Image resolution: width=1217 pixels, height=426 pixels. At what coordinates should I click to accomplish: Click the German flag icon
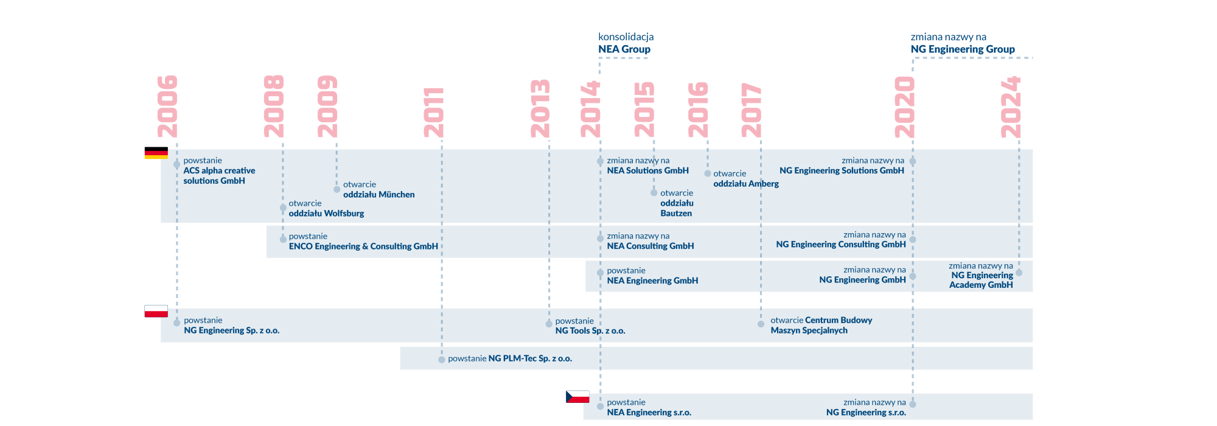click(x=156, y=153)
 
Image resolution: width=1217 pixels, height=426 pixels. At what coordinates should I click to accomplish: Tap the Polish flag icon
click(x=156, y=311)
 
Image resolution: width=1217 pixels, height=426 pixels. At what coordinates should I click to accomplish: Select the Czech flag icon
click(x=577, y=397)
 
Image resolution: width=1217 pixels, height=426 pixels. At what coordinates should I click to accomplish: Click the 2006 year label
click(x=167, y=106)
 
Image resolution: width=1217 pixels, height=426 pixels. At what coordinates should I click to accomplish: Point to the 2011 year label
click(x=434, y=113)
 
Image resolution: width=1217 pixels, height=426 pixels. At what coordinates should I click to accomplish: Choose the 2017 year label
click(x=751, y=110)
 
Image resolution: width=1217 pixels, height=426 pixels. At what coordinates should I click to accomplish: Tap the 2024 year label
click(x=1011, y=107)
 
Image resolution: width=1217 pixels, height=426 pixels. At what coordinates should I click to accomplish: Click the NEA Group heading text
click(x=624, y=49)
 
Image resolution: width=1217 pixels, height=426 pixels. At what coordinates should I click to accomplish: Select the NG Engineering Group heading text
click(x=963, y=49)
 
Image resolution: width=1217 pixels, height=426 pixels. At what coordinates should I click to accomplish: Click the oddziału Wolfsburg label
click(x=326, y=214)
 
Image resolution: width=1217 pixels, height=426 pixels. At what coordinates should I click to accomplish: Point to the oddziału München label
click(x=379, y=195)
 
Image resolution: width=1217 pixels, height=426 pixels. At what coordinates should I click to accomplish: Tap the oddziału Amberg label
click(x=746, y=184)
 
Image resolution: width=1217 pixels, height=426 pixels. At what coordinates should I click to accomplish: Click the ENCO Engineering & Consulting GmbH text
click(x=363, y=246)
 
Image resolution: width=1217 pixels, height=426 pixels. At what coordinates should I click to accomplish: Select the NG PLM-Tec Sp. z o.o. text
click(x=530, y=358)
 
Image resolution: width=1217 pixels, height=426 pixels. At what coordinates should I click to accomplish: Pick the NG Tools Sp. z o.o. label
click(x=590, y=330)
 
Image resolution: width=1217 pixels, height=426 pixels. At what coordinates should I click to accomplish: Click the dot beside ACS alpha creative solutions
click(x=176, y=164)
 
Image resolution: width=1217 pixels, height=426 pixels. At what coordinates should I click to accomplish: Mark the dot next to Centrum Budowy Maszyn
click(x=761, y=324)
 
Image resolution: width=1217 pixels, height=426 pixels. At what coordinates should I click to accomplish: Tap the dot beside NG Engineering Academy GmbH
click(x=1019, y=273)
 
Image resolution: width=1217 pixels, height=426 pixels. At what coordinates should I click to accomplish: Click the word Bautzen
click(x=676, y=214)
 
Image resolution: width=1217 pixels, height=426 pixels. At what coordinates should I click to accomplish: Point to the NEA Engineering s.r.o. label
click(x=649, y=413)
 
